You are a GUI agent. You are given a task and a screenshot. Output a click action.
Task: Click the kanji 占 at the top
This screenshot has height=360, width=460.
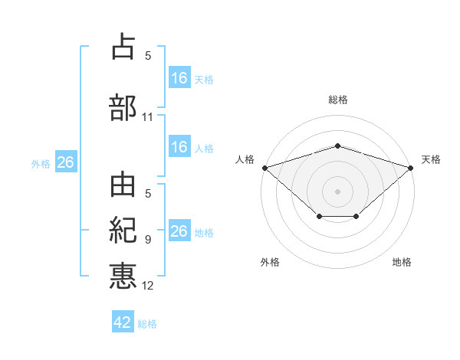pos(123,47)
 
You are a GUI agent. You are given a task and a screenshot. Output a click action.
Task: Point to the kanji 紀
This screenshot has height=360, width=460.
pos(123,230)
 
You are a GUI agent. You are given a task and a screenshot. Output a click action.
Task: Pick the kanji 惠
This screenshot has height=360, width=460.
pos(123,275)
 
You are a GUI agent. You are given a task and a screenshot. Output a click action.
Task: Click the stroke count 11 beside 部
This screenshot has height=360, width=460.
pos(148,117)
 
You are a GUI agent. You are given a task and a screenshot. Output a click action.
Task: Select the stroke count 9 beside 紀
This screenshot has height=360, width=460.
pos(148,239)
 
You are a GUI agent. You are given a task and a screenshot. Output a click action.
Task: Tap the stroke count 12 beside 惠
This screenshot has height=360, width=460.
pos(148,286)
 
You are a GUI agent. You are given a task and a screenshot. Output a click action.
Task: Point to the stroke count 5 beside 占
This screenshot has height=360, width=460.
pos(148,55)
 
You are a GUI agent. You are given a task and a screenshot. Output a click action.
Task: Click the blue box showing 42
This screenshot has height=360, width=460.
pos(123,322)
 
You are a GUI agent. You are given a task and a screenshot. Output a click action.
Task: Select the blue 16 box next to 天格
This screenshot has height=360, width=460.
pos(179,77)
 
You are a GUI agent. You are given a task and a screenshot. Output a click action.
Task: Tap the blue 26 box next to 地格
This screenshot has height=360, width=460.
pos(179,231)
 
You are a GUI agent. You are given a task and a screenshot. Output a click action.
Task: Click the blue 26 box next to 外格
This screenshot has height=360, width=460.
pos(65,162)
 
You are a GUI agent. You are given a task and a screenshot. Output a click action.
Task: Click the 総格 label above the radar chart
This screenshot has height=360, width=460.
pos(337,100)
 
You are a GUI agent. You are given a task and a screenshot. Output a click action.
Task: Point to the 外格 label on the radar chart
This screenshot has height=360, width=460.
pos(270,262)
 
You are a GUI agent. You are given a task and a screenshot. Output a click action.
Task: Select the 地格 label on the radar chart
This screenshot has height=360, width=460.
pos(402,262)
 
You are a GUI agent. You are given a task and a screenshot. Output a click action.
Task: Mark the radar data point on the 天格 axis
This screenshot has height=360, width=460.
pos(411,167)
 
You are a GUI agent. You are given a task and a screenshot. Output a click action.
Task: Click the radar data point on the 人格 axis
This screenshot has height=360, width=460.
pos(264,167)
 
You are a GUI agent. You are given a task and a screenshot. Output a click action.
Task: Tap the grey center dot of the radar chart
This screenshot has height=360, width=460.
pos(337,191)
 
